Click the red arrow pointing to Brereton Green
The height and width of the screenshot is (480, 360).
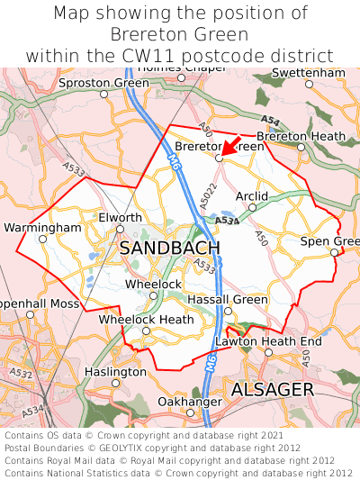pyautogui.click(x=230, y=146)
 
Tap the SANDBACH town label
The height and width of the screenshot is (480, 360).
pyautogui.click(x=169, y=248)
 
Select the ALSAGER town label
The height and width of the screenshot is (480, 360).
pyautogui.click(x=272, y=389)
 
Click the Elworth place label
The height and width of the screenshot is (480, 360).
pyautogui.click(x=120, y=218)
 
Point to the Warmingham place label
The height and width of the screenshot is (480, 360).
pyautogui.click(x=42, y=228)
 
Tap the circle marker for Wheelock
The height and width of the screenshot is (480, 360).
pyautogui.click(x=153, y=295)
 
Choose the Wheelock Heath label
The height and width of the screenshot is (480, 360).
pyautogui.click(x=146, y=320)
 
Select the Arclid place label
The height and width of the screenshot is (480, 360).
pyautogui.click(x=251, y=195)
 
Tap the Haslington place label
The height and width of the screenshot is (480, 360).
pyautogui.click(x=115, y=372)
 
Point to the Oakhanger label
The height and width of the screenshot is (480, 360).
pyautogui.click(x=190, y=401)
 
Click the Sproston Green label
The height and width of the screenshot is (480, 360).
pyautogui.click(x=104, y=83)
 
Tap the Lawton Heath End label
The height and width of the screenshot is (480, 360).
pyautogui.click(x=268, y=341)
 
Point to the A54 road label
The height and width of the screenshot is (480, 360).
pyautogui.click(x=269, y=118)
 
